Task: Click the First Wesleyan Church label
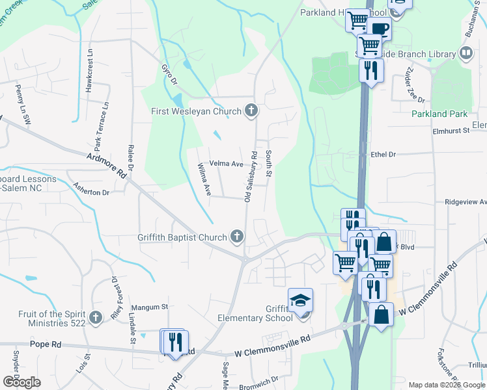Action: click(196, 111)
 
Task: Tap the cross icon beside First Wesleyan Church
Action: click(251, 111)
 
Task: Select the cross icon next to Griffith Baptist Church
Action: click(238, 237)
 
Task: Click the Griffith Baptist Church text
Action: click(182, 237)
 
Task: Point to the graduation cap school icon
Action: click(301, 300)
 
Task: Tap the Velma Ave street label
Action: click(226, 164)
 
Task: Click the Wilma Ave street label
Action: click(204, 180)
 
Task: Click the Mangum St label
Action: click(150, 307)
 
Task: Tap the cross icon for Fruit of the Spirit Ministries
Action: click(96, 317)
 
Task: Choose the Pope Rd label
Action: click(44, 344)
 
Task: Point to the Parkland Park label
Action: click(439, 114)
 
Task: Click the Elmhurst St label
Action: click(451, 131)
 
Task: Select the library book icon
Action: click(466, 53)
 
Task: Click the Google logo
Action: click(21, 382)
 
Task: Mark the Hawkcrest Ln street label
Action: click(90, 64)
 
